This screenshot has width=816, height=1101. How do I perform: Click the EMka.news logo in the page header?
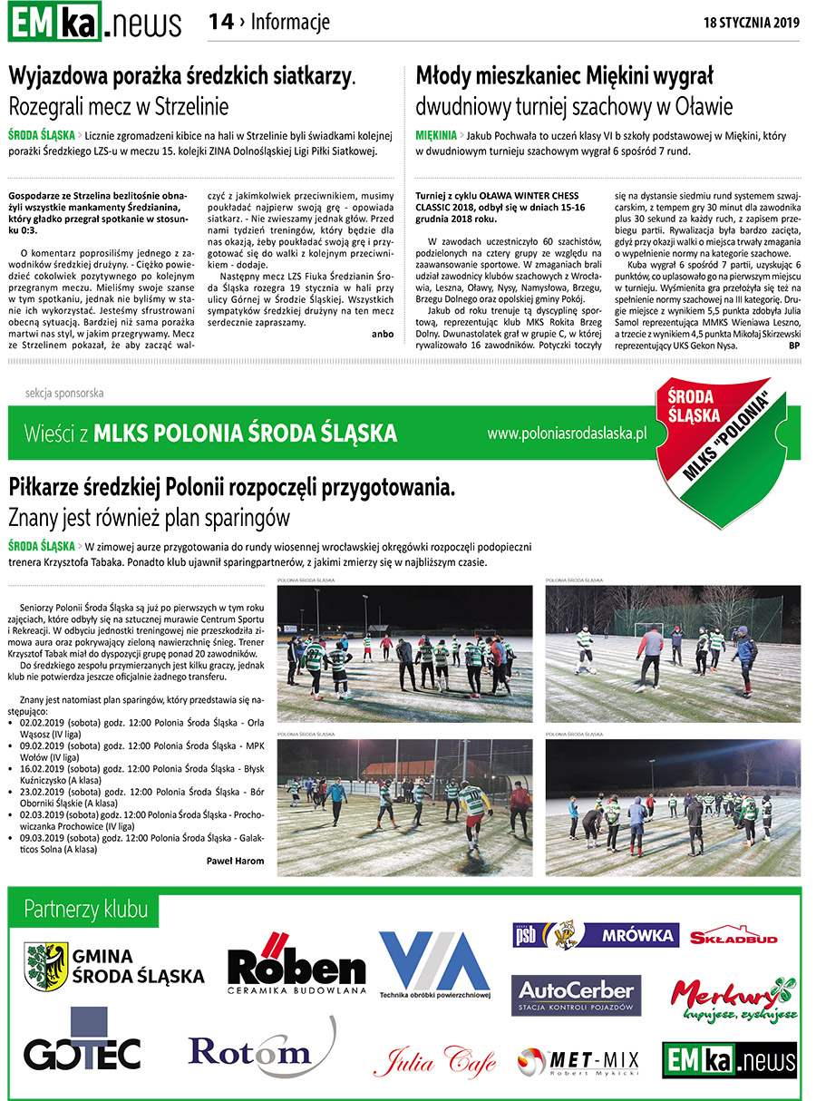coord(94,22)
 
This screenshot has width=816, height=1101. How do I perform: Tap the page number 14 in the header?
coord(220,22)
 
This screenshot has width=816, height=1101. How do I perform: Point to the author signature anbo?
coord(383,333)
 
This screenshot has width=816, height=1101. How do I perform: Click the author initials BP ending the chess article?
coord(794,346)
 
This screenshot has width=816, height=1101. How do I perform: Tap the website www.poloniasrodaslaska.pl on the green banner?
coord(566,434)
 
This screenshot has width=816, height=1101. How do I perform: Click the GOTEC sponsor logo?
coord(83,1043)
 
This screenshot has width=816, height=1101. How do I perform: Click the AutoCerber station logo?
coord(576,995)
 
